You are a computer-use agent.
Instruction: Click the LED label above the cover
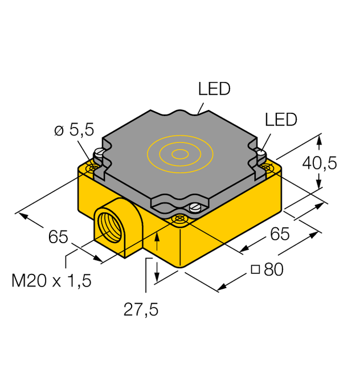click(x=214, y=89)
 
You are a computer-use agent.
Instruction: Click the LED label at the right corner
click(x=281, y=120)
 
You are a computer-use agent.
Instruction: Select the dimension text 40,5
click(x=319, y=163)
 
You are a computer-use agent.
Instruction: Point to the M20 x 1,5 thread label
click(x=52, y=281)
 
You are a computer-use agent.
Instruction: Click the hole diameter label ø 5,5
click(x=73, y=132)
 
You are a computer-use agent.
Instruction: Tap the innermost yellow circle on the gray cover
click(x=180, y=153)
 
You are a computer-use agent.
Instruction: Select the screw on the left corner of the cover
click(x=99, y=153)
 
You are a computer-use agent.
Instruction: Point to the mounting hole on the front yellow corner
click(x=179, y=219)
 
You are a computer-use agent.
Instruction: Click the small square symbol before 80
click(x=256, y=270)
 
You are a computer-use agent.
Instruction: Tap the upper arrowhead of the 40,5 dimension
click(x=319, y=138)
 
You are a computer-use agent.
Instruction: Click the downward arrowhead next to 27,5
click(x=157, y=277)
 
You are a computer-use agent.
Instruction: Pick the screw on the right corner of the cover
click(x=260, y=153)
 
